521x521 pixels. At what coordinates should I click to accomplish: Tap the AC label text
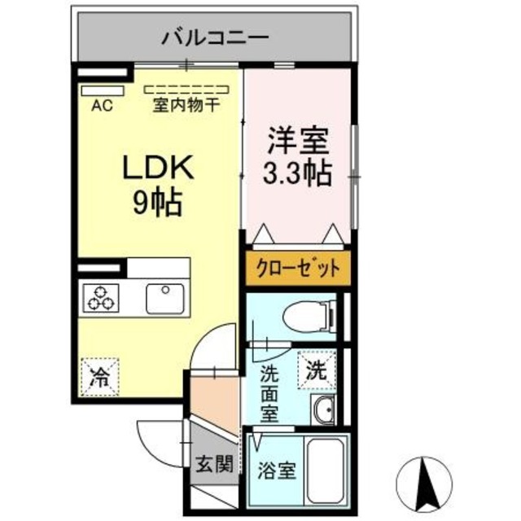pyautogui.click(x=102, y=104)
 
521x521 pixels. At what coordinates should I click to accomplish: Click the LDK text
pyautogui.click(x=157, y=168)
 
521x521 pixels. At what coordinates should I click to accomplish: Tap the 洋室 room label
pyautogui.click(x=299, y=140)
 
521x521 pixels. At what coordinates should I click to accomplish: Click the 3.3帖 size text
pyautogui.click(x=299, y=173)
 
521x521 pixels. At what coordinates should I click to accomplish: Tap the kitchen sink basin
pyautogui.click(x=167, y=298)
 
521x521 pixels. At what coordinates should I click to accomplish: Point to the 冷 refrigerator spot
pyautogui.click(x=99, y=377)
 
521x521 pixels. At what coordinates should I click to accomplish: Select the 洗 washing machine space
pyautogui.click(x=316, y=370)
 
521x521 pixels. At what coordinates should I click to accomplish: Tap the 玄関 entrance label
pyautogui.click(x=214, y=464)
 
